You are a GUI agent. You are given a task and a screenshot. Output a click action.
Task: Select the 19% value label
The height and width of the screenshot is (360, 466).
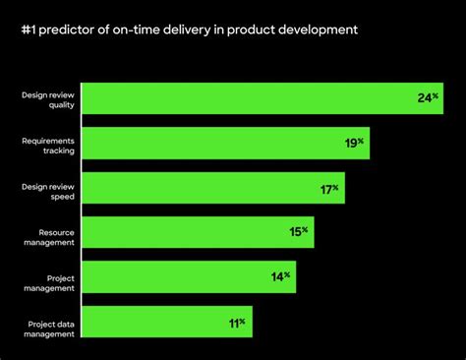(355, 143)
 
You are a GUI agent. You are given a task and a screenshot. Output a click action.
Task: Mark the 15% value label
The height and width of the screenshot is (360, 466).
(299, 232)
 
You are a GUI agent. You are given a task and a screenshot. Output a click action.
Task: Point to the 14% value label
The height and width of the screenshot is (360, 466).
(281, 276)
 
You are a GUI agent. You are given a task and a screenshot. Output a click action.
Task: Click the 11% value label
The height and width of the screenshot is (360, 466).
(237, 322)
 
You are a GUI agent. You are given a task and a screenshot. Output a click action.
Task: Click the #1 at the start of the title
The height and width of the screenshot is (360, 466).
(29, 30)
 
